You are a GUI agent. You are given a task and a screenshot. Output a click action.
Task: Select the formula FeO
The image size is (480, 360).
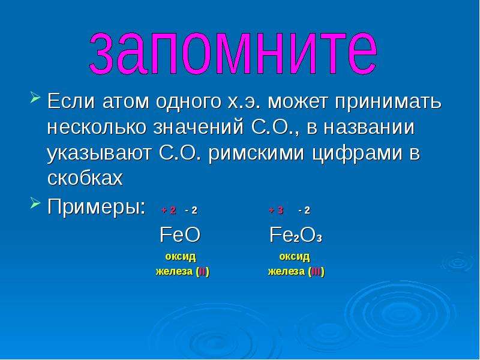[x=180, y=235]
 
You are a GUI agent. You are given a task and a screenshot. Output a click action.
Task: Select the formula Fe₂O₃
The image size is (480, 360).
[x=296, y=235]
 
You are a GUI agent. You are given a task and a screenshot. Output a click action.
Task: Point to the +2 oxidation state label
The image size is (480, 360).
[x=169, y=211]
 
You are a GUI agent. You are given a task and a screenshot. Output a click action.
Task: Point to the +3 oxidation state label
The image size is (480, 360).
[x=276, y=211]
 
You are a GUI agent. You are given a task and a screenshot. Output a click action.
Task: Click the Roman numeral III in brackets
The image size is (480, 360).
[x=317, y=272]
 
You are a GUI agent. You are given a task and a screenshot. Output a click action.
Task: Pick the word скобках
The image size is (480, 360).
[x=85, y=178]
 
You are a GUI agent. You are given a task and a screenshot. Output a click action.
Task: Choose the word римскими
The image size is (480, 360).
[x=257, y=153]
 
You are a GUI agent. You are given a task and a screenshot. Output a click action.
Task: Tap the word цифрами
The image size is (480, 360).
[x=357, y=154]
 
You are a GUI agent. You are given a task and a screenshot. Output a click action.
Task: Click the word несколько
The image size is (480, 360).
[x=97, y=127]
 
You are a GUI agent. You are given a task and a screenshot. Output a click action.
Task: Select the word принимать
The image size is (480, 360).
[x=388, y=103]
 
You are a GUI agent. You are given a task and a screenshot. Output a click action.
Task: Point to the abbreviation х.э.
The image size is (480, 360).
[x=244, y=101]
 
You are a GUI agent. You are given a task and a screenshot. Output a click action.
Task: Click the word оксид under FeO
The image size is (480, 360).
[x=181, y=257]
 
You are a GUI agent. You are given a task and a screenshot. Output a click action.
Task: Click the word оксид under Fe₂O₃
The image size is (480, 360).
[x=295, y=257]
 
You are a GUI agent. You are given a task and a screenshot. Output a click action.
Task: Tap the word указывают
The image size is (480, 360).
[x=99, y=154]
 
